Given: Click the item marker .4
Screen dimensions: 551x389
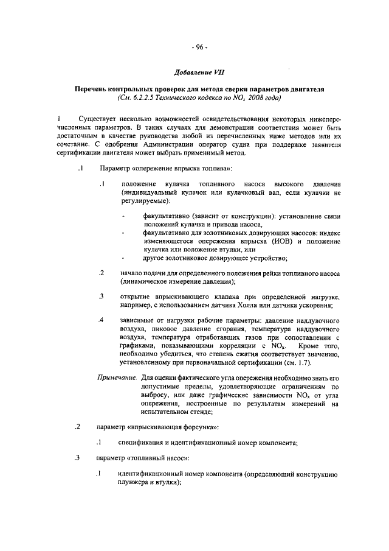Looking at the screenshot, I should [x=102, y=319].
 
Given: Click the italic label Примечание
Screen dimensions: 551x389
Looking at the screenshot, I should [x=117, y=377].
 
